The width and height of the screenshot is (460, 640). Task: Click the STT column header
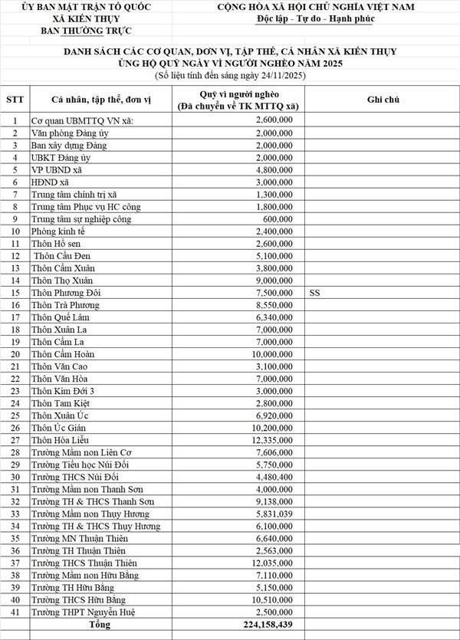15,100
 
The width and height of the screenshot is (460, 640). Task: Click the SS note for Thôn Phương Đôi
316,293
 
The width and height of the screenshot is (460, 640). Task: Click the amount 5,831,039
271,514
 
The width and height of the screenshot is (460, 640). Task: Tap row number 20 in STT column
15,354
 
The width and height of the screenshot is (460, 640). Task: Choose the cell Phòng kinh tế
57,231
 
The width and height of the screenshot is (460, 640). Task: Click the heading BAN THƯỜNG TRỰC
86,31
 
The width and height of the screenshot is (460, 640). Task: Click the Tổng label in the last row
99,625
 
